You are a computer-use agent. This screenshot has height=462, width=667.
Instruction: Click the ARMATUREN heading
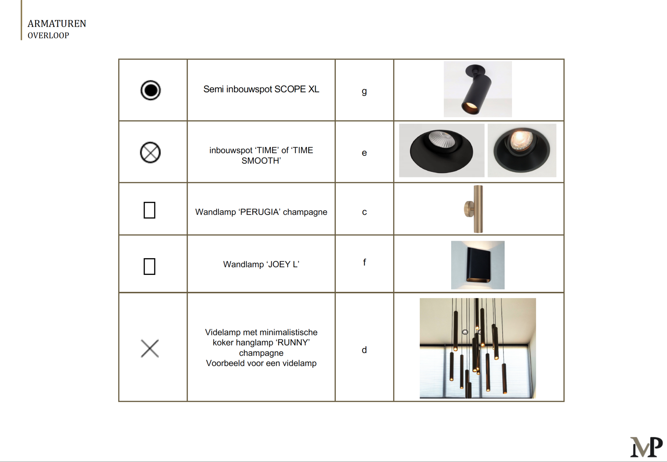[x=57, y=24]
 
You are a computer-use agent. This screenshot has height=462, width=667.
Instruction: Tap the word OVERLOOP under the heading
[x=48, y=35]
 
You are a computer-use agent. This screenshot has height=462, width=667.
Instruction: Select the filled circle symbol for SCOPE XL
[x=151, y=90]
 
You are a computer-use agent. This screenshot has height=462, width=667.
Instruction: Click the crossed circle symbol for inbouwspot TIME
[x=150, y=152]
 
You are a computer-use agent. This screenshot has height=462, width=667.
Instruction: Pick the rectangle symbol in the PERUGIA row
[x=149, y=210]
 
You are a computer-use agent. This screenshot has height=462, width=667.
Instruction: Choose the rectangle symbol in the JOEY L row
[x=149, y=266]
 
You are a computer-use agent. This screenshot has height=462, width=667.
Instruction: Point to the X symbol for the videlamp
[x=150, y=349]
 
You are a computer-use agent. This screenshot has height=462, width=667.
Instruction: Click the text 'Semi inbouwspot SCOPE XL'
[x=261, y=89]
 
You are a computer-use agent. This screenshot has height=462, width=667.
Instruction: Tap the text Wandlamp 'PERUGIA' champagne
[x=261, y=212]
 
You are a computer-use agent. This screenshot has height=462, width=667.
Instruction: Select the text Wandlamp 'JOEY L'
[x=261, y=264]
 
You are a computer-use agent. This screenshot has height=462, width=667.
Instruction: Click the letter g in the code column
[x=364, y=91]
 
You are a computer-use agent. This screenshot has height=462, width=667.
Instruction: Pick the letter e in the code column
[x=364, y=153]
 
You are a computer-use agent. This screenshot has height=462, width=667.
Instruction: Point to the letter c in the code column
[x=364, y=212]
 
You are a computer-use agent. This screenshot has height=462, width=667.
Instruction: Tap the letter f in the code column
[x=364, y=262]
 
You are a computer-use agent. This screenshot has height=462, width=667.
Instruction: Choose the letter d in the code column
[x=364, y=350]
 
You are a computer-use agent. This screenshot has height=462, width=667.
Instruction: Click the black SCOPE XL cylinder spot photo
[x=478, y=89]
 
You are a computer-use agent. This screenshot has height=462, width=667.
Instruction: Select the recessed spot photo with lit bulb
[x=522, y=150]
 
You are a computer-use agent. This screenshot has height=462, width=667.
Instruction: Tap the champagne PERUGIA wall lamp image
[x=474, y=209]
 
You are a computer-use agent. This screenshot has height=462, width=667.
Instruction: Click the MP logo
[x=646, y=447]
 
